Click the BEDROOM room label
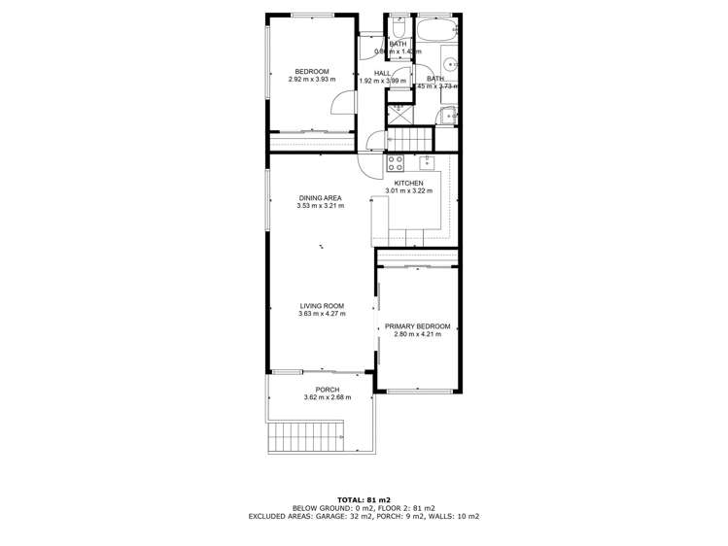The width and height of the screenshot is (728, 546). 312,71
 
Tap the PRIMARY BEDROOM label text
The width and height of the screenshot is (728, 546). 418,326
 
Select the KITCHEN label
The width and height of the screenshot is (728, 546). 408,183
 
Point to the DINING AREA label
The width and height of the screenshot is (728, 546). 320,198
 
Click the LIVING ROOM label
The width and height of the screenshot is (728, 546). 320,306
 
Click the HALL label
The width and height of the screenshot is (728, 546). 382,73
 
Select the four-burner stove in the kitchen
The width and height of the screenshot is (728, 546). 396,163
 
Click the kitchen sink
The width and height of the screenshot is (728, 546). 427,162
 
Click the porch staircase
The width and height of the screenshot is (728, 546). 306,436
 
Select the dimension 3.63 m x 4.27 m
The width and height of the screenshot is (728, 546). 320,314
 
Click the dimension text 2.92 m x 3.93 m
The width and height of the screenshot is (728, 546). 312,79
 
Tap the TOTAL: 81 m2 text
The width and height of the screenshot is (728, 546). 364,498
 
